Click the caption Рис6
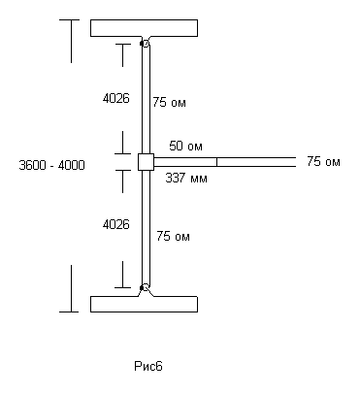click(148, 366)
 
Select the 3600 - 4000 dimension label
click(51, 165)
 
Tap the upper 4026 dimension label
click(116, 98)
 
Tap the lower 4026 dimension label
click(116, 224)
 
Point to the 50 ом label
click(185, 146)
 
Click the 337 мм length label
click(186, 178)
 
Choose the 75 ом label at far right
click(323, 161)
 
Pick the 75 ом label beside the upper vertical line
click(170, 102)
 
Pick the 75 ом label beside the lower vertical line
click(173, 236)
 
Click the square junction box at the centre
click(146, 162)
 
